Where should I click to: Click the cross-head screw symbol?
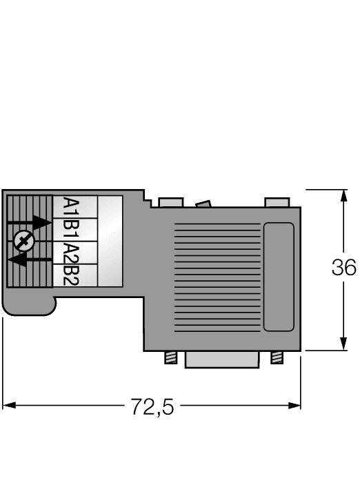coord(23,241)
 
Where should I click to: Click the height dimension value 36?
coord(343,268)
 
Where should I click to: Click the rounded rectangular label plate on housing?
coord(279,277)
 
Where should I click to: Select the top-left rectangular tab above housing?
coord(170,203)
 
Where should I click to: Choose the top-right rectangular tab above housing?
coord(277,203)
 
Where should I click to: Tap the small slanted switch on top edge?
coord(203,204)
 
